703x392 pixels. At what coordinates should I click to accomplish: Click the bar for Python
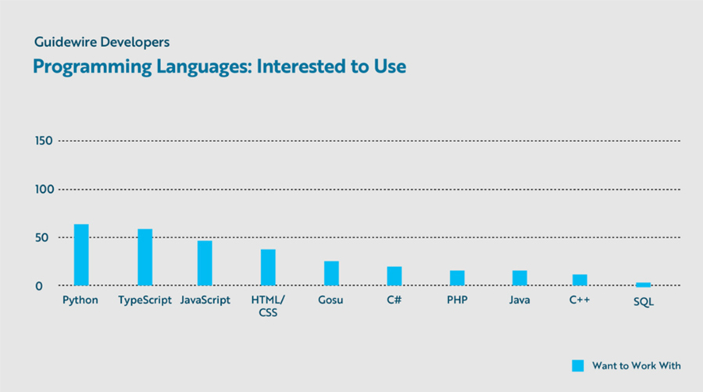(x=81, y=255)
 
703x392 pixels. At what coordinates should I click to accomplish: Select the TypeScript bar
(x=145, y=257)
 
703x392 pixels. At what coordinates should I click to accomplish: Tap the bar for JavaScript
(x=205, y=262)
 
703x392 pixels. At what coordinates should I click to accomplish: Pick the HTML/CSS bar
(x=268, y=267)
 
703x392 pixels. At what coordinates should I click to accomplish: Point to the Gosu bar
(x=331, y=273)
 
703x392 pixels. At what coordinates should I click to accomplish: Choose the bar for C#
(x=394, y=276)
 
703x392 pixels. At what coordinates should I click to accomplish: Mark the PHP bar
(x=457, y=278)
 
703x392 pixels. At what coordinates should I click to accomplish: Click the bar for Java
(x=519, y=278)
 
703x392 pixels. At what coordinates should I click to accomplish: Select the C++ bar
(x=579, y=280)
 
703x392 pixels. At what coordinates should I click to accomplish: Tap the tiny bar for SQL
(x=643, y=284)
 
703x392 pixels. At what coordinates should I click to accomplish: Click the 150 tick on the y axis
(x=43, y=141)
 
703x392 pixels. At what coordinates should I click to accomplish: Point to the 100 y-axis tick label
(x=43, y=189)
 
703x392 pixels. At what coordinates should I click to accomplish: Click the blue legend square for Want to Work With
(x=578, y=365)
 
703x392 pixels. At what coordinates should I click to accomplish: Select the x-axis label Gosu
(x=330, y=301)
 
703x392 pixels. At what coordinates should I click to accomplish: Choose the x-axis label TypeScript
(x=145, y=301)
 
